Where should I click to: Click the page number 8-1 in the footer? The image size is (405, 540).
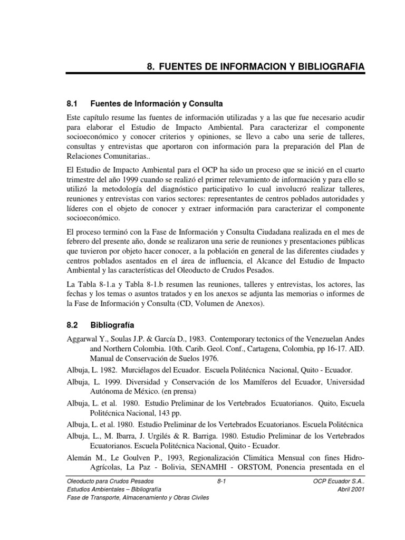[x=221, y=481]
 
